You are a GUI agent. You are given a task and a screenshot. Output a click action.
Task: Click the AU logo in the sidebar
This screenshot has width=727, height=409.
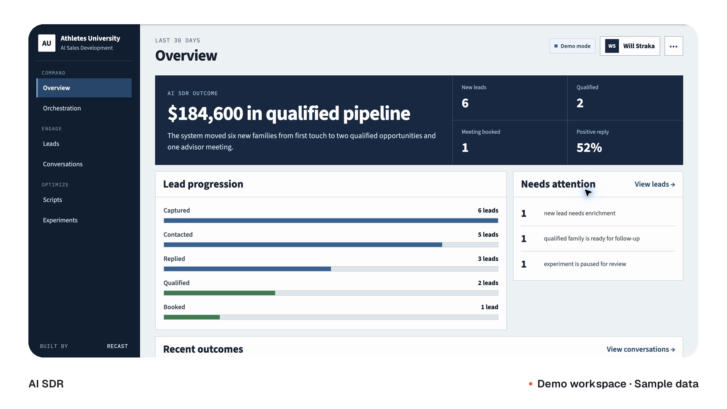pos(47,43)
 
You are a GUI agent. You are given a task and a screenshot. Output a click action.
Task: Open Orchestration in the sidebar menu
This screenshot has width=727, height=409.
pos(62,108)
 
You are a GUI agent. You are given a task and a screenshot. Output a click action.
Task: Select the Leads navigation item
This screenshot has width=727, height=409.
pos(51,144)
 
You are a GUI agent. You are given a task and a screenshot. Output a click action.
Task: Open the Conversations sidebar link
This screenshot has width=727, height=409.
pos(63,164)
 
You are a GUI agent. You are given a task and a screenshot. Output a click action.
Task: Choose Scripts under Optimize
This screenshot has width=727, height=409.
pos(52,200)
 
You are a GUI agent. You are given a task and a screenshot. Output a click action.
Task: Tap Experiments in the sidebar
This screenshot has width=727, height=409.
pos(60,220)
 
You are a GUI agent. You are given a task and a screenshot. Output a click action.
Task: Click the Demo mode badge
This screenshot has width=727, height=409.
pos(573,46)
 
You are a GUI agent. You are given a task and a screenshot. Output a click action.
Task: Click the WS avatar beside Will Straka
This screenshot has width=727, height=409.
pos(612,46)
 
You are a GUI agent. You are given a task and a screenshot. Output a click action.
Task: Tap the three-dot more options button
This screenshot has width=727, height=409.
pos(674,46)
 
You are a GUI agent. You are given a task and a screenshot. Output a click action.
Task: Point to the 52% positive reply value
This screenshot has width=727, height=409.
pos(589,148)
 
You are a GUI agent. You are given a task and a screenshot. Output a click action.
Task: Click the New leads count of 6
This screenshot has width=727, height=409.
pos(465,103)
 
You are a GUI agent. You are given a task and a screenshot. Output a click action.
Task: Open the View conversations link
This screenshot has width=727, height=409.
pos(641,350)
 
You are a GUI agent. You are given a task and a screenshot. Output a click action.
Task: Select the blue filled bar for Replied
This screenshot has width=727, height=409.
pos(247,269)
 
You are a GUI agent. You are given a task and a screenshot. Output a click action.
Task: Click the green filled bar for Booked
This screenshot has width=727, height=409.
pos(192,317)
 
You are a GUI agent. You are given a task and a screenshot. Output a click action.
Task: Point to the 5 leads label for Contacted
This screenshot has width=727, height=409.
pos(488,235)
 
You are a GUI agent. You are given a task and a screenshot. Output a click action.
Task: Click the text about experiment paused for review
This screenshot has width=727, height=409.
pos(585,264)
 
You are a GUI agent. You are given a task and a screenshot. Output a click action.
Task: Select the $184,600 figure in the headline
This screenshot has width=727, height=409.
pos(205,114)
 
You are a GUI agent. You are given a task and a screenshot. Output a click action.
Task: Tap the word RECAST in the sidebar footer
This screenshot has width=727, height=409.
pos(117,346)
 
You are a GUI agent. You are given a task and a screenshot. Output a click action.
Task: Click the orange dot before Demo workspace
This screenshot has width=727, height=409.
pos(531,384)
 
